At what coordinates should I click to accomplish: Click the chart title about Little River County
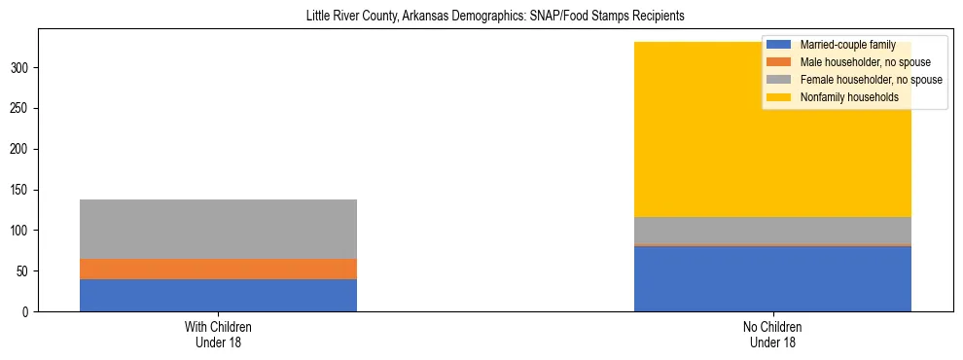tap(481, 17)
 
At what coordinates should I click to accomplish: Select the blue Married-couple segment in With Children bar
tap(218, 295)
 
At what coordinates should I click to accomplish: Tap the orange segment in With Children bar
tap(218, 269)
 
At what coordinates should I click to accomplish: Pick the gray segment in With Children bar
tap(218, 229)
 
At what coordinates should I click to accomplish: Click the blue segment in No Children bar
tap(772, 278)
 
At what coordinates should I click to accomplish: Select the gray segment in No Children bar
tap(772, 231)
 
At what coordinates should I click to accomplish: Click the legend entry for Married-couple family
tap(847, 45)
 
